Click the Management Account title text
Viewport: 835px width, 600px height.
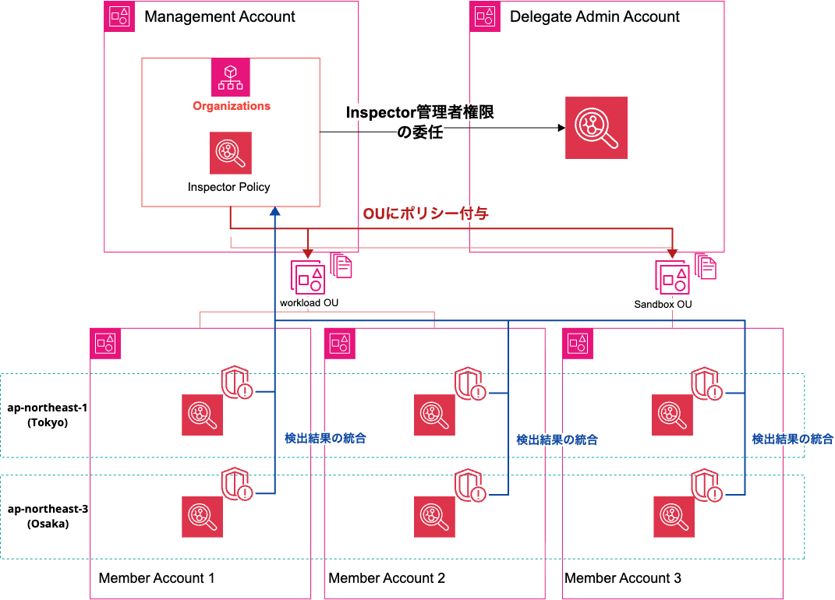220,16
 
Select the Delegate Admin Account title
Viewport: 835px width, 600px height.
594,16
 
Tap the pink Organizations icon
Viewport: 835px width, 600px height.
230,77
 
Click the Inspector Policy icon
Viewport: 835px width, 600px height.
230,153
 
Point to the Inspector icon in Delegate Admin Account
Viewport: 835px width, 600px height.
596,128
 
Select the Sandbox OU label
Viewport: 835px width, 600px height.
663,304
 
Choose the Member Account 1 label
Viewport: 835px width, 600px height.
156,578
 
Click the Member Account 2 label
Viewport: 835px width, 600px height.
387,578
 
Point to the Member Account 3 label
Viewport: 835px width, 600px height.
622,578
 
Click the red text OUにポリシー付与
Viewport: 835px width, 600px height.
426,214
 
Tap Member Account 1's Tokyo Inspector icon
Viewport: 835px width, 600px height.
203,415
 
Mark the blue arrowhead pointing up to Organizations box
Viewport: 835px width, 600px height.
274,213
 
